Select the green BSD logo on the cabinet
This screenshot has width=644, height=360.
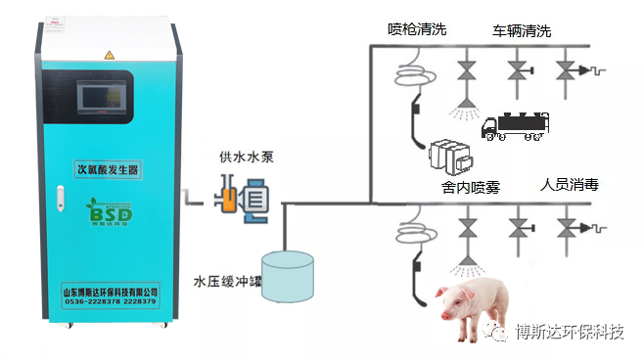[x=103, y=211]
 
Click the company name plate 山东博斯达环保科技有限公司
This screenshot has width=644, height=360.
[x=110, y=291]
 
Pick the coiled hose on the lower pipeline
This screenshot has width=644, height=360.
[x=406, y=234]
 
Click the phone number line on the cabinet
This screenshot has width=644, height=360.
[x=110, y=303]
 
